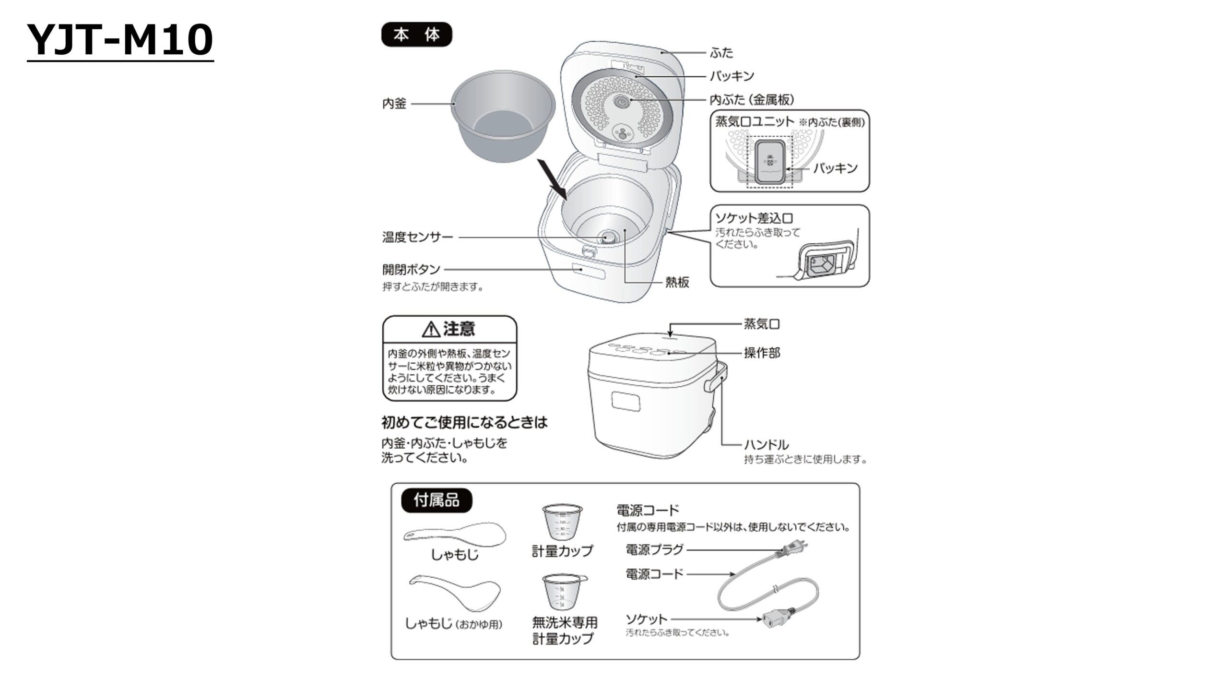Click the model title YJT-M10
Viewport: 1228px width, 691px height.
click(120, 40)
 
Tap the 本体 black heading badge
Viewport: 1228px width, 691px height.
click(416, 35)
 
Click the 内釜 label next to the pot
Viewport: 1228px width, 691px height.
click(394, 104)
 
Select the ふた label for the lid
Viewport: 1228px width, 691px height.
click(721, 53)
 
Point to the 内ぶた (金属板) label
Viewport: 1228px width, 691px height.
click(752, 100)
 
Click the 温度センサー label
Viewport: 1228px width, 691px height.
click(417, 237)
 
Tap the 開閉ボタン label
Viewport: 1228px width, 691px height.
click(411, 269)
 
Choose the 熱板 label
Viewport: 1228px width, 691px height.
click(677, 282)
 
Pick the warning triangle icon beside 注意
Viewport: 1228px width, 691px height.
click(431, 329)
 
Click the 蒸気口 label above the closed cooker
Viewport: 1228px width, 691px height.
click(762, 324)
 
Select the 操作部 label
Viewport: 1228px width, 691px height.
click(762, 353)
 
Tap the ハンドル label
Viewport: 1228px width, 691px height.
click(766, 445)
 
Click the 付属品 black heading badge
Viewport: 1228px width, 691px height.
click(437, 500)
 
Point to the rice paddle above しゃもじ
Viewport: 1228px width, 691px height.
click(455, 534)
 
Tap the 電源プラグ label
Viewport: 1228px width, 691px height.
click(654, 550)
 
